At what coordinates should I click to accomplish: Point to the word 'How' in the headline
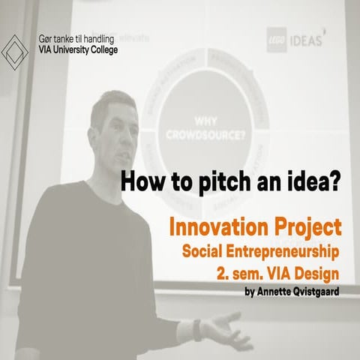tap(140, 181)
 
